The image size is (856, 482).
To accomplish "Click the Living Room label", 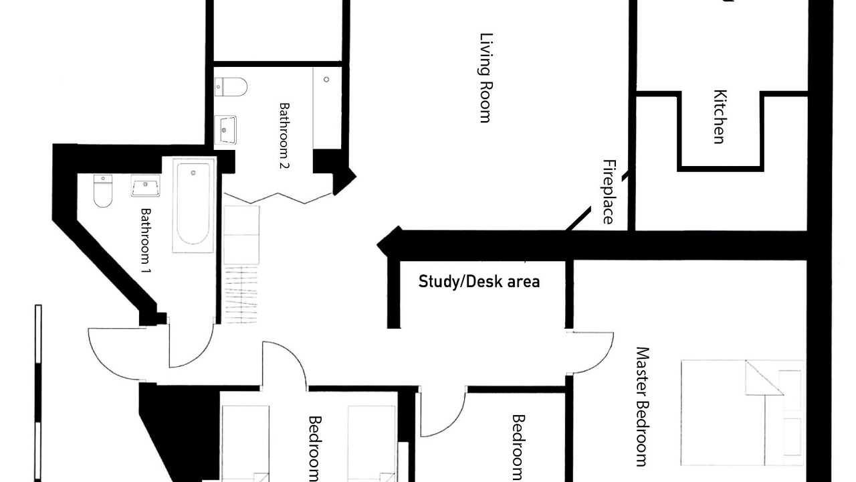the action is tap(486, 78).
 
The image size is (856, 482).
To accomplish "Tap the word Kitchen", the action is tap(720, 116).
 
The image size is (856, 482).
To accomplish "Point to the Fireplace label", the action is tap(608, 191).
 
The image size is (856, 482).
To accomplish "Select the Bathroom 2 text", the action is tap(284, 135).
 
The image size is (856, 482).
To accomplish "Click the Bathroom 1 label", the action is tap(146, 240).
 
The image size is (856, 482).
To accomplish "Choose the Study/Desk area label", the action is tap(479, 282).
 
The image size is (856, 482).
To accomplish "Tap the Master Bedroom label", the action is tap(643, 406).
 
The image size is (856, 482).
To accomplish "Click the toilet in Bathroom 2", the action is tap(231, 87).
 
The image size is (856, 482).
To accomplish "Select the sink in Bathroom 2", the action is tap(225, 130).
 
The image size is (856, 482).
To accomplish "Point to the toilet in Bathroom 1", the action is tap(103, 191).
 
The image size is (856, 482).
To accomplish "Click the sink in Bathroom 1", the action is tap(145, 185).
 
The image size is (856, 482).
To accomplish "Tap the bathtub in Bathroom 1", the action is tap(193, 205).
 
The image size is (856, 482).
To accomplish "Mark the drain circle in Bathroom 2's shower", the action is tap(326, 80).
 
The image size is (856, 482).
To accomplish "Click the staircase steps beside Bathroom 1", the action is tap(241, 295).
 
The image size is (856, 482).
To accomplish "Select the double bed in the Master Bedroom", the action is tap(742, 413).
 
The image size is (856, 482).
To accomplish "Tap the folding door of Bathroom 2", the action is tap(278, 199).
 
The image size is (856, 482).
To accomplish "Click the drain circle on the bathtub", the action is tap(193, 173).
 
